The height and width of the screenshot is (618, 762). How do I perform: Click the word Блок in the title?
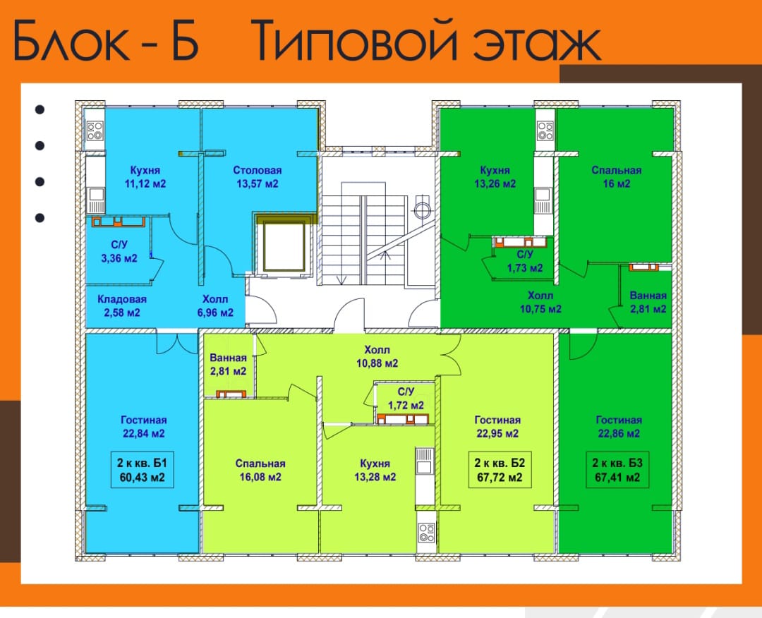pos(72,40)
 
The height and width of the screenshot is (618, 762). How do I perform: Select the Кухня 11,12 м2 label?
pos(145,177)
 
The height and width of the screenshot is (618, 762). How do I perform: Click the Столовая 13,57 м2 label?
pos(258,177)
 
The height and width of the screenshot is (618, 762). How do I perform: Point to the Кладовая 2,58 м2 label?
pos(122,305)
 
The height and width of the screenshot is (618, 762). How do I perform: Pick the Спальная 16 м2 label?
pos(617,177)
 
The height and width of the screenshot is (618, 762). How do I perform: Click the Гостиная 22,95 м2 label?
pos(497,427)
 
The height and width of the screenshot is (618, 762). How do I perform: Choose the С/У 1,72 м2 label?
pos(406,399)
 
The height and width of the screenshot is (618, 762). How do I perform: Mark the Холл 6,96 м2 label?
pos(215,305)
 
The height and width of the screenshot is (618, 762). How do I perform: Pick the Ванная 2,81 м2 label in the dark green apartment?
pos(648,302)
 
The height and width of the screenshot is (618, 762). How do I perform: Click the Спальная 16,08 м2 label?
pos(260,471)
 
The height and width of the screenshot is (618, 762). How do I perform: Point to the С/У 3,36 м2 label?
pos(119,252)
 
